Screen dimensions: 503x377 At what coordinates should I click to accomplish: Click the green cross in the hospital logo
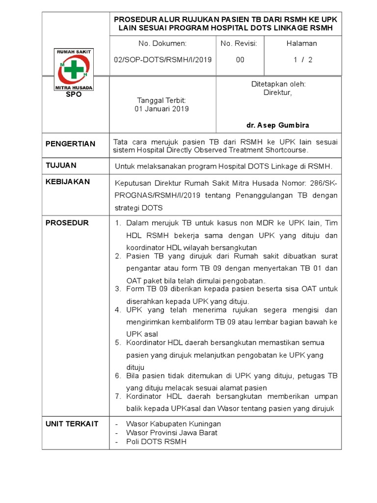click(73, 69)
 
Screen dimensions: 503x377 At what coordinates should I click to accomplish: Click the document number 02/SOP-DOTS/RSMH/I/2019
click(162, 59)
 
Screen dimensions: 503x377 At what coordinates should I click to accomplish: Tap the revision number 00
click(240, 59)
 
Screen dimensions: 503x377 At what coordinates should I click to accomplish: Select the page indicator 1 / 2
click(303, 59)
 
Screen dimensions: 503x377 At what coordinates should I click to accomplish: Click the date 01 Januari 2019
click(162, 109)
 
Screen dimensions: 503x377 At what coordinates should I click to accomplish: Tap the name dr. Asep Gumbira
click(278, 125)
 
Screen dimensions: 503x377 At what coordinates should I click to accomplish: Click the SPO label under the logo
click(74, 94)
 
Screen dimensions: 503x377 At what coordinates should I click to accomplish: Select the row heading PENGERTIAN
click(70, 144)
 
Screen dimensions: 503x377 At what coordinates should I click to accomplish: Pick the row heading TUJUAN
click(61, 166)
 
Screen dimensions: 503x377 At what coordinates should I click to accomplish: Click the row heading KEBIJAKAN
click(68, 182)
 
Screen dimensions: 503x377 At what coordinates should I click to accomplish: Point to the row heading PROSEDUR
click(67, 223)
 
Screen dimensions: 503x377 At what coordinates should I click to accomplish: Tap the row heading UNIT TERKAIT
click(72, 424)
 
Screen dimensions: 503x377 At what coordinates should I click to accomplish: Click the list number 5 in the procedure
click(118, 342)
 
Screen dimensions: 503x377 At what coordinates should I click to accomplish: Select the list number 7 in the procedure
click(118, 396)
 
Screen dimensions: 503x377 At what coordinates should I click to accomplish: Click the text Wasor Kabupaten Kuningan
click(173, 424)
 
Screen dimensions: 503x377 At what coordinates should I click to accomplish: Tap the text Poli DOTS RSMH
click(156, 442)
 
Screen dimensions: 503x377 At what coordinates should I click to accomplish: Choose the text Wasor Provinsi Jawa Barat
click(171, 433)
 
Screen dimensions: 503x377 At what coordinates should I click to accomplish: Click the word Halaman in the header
click(302, 43)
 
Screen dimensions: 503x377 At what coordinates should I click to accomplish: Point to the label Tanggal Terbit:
click(162, 100)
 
